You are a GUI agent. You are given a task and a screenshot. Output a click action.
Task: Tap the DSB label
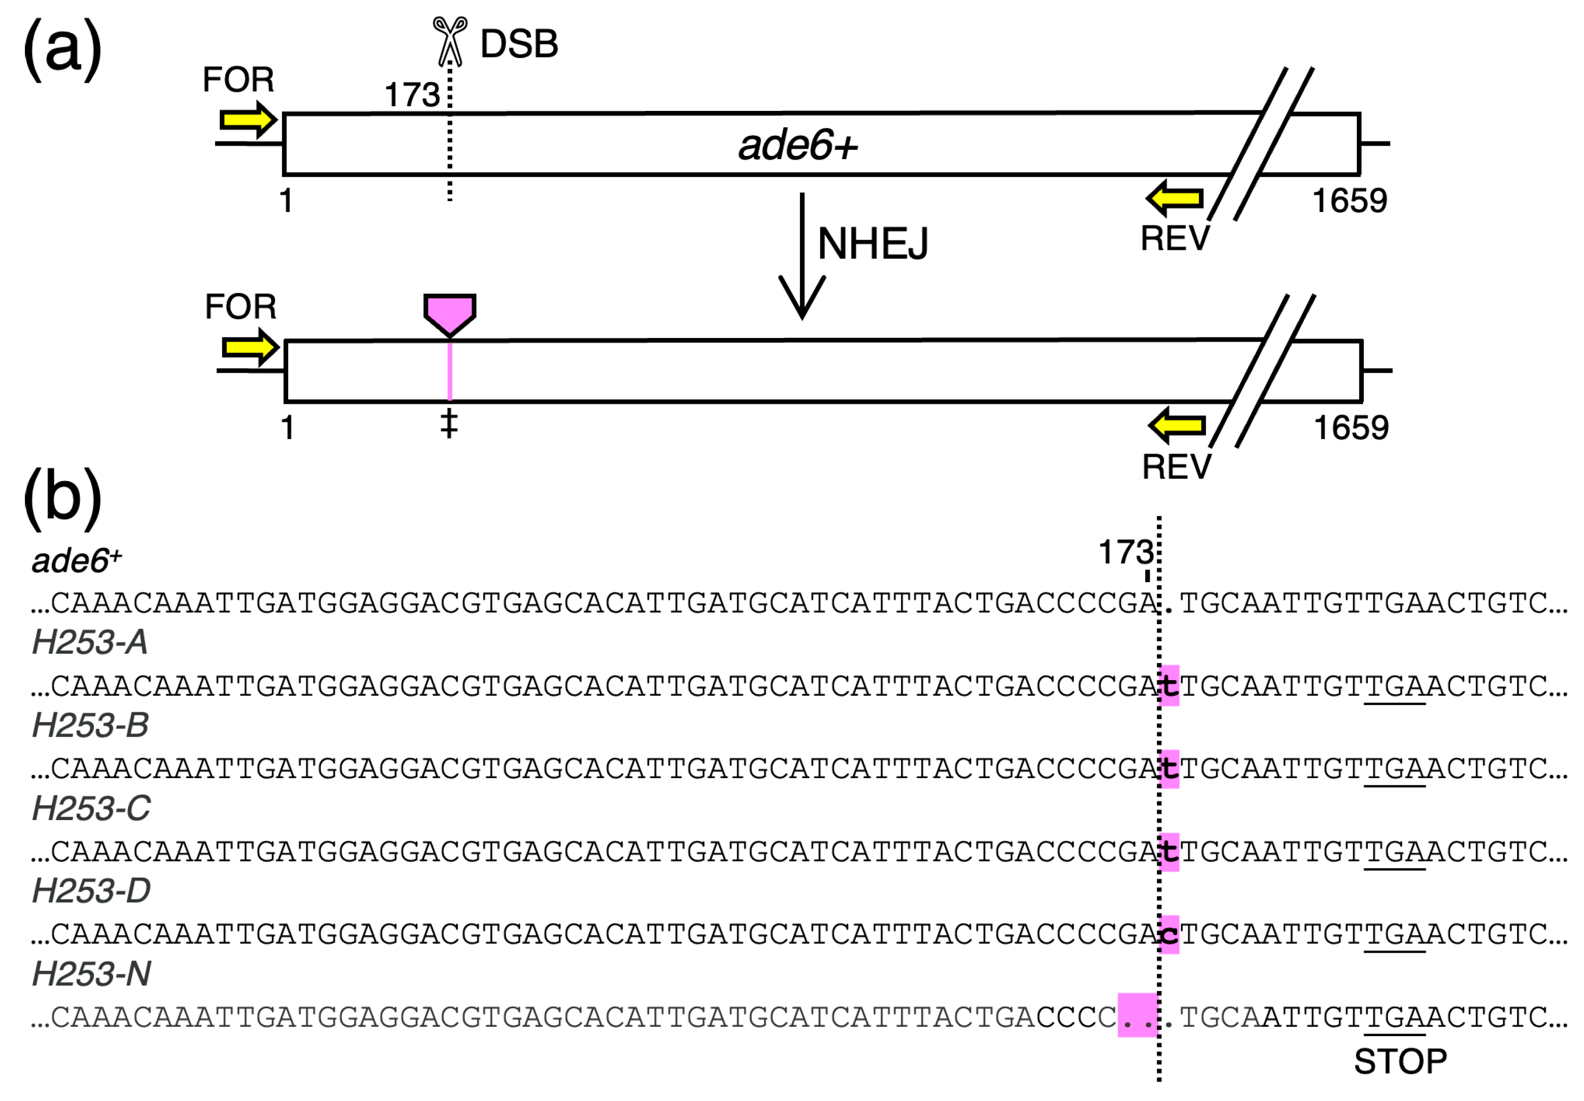(519, 44)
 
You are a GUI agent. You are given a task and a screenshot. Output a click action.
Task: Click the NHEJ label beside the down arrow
(873, 244)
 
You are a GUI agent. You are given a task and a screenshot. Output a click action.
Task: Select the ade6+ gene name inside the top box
(797, 146)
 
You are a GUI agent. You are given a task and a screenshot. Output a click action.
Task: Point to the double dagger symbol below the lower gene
(449, 424)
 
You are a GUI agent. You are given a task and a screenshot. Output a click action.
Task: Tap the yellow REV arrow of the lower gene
(1177, 425)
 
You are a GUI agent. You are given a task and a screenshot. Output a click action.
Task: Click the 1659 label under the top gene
(1349, 201)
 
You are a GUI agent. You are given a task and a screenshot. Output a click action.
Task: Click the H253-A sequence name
(90, 642)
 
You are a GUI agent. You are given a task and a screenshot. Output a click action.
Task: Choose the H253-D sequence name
(91, 891)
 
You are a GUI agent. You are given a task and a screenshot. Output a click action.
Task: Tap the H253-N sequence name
(91, 974)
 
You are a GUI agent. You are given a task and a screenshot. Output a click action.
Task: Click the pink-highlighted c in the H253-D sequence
(1169, 934)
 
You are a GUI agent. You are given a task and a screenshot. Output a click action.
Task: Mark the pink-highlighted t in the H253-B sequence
(1169, 769)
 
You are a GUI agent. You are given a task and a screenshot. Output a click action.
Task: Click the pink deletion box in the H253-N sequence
(1137, 1015)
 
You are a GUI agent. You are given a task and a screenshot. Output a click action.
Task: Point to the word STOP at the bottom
(1400, 1062)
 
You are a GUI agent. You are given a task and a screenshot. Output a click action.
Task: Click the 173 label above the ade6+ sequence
(1125, 552)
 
